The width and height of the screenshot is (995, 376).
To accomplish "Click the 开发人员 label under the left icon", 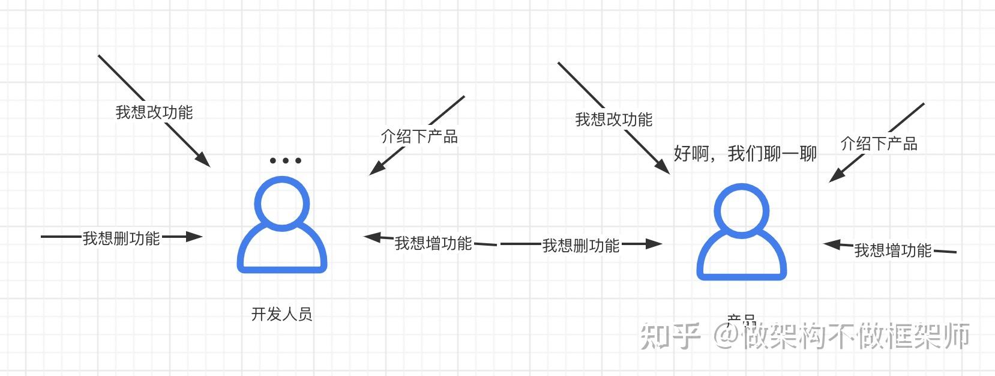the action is (281, 314).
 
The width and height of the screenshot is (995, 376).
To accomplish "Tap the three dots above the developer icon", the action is (285, 160).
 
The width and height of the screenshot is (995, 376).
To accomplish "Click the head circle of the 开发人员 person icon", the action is (282, 204).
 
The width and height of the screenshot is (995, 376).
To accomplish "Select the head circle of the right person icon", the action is (742, 210).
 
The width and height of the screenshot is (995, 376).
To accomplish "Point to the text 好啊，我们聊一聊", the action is (745, 154).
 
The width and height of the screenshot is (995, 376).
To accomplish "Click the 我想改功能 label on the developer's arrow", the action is (154, 112).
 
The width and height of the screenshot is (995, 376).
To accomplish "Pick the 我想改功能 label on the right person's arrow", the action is (613, 120).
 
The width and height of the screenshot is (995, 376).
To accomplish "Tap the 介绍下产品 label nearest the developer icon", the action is (419, 137).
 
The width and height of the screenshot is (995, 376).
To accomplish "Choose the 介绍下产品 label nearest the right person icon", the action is (879, 144).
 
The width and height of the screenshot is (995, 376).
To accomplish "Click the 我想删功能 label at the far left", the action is (121, 238).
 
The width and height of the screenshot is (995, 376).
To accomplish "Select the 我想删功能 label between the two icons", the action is (581, 246).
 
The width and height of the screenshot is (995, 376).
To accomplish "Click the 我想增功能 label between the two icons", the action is (433, 243).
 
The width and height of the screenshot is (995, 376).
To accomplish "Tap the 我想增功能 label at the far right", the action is (893, 250).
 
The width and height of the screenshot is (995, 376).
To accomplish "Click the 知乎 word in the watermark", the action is (670, 336).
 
